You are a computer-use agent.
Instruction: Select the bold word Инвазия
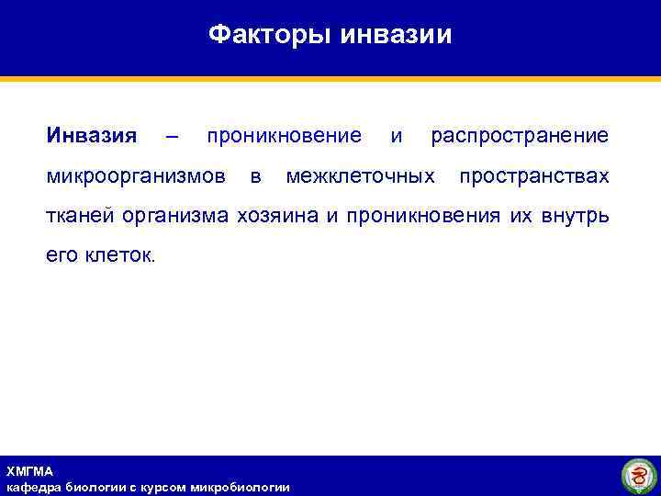(x=91, y=136)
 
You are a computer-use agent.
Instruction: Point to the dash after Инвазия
(x=171, y=137)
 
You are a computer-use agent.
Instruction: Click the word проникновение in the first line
(x=284, y=136)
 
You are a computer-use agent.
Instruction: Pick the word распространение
(x=520, y=137)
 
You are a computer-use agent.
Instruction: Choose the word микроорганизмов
(x=137, y=175)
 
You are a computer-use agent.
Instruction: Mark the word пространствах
(x=533, y=175)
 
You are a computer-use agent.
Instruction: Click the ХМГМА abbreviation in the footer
(x=30, y=471)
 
